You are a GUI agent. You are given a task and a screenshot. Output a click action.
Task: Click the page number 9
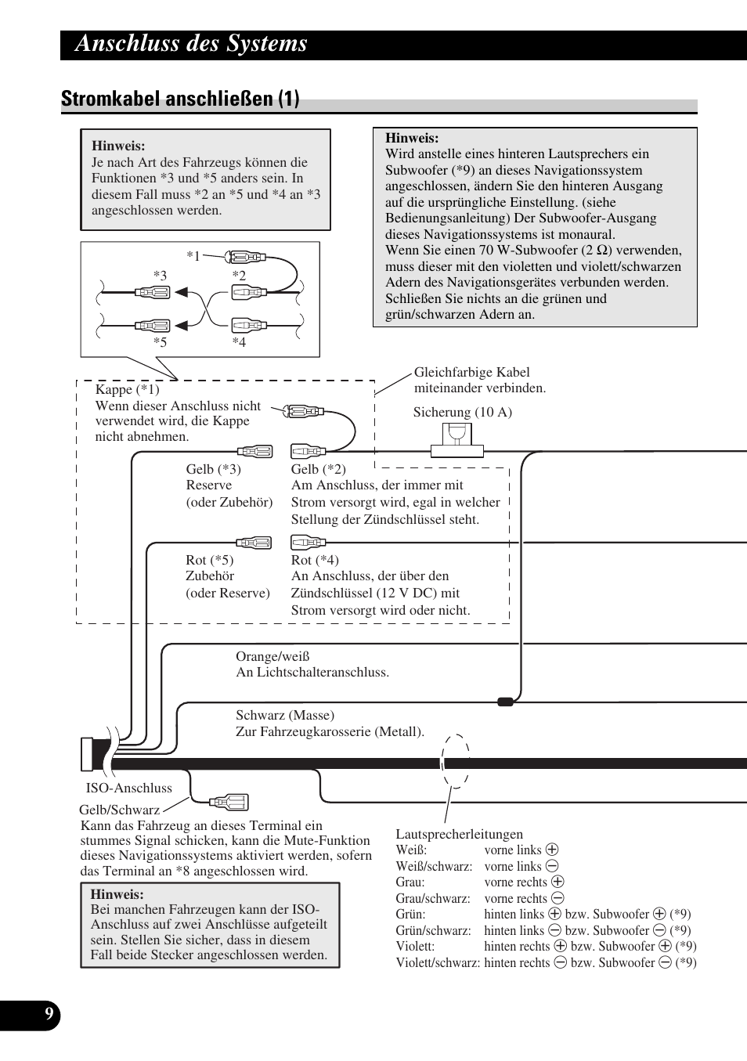[x=49, y=1015]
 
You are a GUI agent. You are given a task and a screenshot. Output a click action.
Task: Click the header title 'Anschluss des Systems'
[x=191, y=44]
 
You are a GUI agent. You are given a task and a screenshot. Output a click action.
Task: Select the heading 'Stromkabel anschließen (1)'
[x=180, y=99]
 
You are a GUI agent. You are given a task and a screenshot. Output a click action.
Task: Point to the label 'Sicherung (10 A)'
[x=462, y=412]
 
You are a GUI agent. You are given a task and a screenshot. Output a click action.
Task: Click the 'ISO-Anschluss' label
[x=128, y=788]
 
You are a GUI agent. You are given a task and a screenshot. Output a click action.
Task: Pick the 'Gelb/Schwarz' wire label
[x=119, y=810]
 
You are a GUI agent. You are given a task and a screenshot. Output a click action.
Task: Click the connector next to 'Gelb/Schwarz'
[x=229, y=802]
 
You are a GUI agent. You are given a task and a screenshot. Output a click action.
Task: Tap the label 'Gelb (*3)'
[x=213, y=469]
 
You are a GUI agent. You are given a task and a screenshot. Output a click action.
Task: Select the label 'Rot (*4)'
[x=315, y=560]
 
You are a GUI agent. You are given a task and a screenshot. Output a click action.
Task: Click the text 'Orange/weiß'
[x=272, y=656]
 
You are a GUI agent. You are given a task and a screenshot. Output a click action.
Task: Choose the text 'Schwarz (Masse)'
[x=284, y=715]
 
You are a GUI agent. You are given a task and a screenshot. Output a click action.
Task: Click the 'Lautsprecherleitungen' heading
[x=459, y=834]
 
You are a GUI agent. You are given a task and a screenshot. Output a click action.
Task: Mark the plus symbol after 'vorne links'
[x=552, y=850]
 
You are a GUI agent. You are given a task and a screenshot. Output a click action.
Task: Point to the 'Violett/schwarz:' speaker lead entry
[x=438, y=962]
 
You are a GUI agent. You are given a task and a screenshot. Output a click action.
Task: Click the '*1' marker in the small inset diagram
[x=193, y=255]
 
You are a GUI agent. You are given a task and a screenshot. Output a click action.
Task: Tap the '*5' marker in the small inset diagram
[x=160, y=341]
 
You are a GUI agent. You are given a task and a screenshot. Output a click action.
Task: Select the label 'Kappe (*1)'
[x=127, y=389]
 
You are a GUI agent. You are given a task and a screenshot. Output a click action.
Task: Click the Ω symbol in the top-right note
[x=602, y=251]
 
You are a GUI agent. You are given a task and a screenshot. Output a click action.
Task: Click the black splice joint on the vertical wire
[x=506, y=702]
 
